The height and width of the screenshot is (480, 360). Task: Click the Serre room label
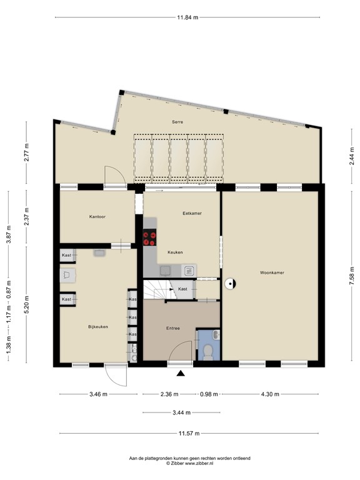(x=177, y=122)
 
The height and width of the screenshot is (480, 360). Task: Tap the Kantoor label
(x=97, y=217)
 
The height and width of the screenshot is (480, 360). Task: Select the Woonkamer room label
(x=272, y=272)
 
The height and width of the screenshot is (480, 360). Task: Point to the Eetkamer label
(x=192, y=213)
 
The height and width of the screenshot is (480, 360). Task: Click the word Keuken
(x=175, y=252)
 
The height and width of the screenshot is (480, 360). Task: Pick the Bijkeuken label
(x=98, y=327)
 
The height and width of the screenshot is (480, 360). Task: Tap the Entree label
(x=173, y=328)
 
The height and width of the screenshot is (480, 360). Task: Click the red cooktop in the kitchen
(x=150, y=237)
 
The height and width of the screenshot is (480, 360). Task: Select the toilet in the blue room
(x=209, y=352)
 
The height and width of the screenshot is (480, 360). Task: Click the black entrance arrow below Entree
(x=181, y=373)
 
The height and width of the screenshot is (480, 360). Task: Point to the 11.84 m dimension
(x=187, y=17)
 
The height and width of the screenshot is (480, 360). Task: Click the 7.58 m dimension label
(x=352, y=276)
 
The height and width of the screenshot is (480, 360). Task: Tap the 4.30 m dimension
(x=270, y=394)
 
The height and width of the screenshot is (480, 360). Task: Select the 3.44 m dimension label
(x=181, y=412)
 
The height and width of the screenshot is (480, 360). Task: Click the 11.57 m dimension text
(x=189, y=434)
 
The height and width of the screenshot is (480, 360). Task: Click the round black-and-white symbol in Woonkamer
(x=229, y=284)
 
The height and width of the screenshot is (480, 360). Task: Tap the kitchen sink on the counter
(x=165, y=271)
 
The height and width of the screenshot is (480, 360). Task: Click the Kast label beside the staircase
(x=182, y=289)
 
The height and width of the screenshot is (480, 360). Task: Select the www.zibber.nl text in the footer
(x=199, y=464)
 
